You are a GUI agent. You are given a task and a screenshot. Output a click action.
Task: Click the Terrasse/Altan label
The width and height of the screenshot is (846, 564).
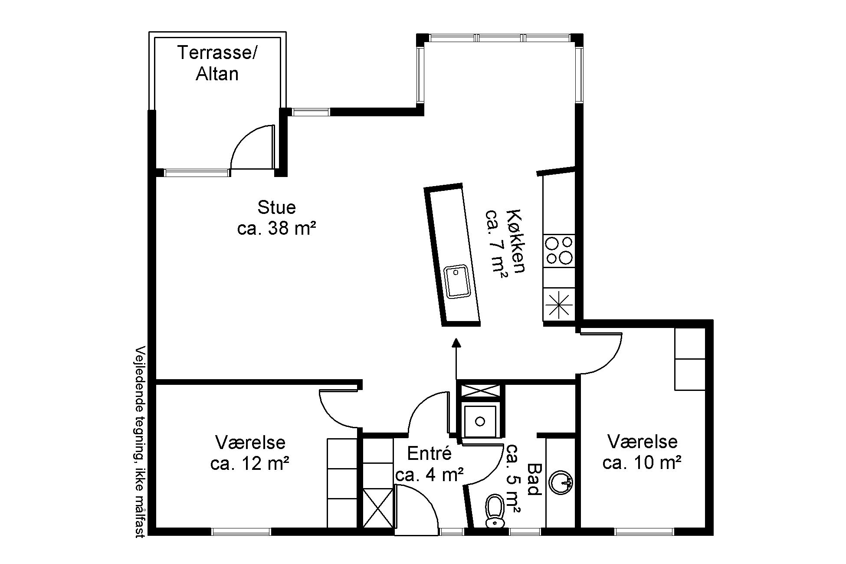point(217,63)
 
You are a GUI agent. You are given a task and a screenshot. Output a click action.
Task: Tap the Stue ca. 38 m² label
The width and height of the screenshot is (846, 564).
point(276,218)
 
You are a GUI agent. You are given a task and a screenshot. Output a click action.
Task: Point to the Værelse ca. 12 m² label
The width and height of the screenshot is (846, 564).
point(250,453)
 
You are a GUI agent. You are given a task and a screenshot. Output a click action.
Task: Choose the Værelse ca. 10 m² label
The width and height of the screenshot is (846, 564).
point(642,453)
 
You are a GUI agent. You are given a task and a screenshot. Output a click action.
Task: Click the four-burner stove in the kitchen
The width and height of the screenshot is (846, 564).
point(559,251)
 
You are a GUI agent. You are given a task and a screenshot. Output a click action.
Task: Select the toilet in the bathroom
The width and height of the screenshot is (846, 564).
point(495,512)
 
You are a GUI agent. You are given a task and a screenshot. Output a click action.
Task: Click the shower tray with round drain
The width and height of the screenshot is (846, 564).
point(480,421)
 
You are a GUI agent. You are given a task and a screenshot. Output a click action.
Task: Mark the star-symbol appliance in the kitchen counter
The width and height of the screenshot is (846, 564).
point(559,305)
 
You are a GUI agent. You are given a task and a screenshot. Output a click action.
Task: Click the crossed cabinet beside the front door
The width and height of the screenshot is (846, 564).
point(377,508)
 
